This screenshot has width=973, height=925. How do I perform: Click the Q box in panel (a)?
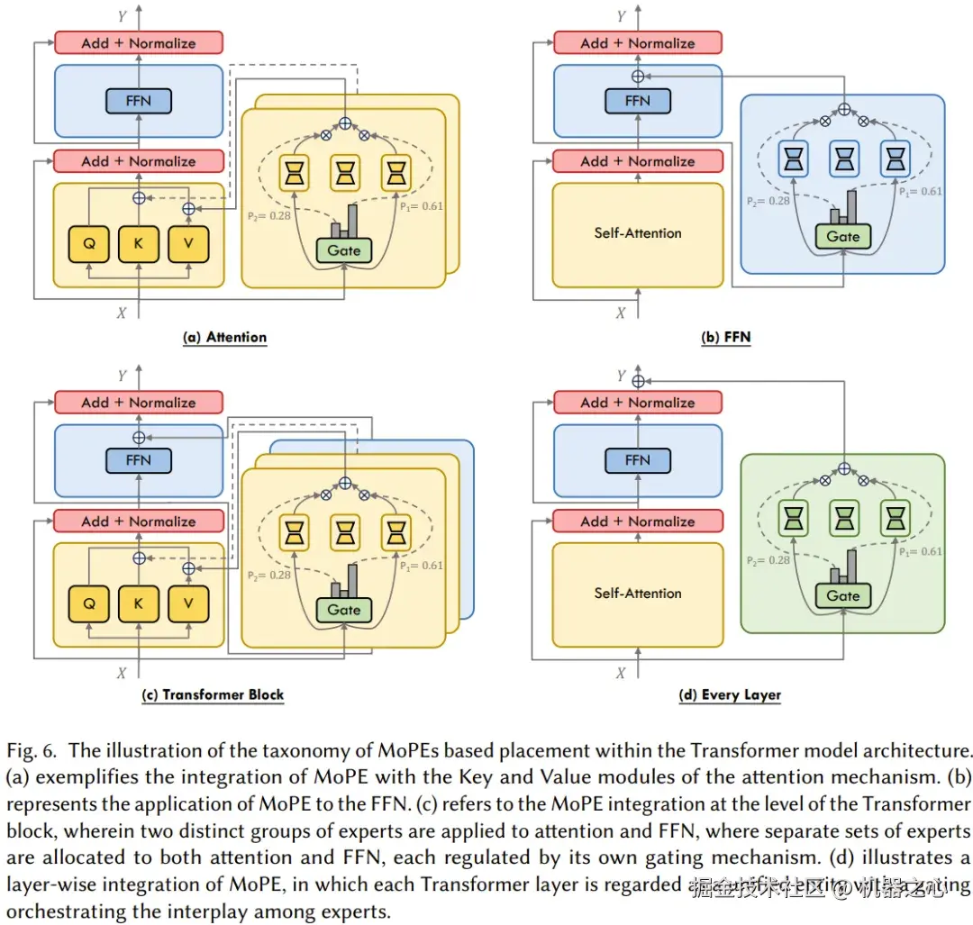coord(89,244)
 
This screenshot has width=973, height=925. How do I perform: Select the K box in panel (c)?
coord(139,604)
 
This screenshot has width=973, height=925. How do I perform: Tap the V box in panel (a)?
coord(187,244)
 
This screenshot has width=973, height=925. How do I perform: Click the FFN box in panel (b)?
coord(637,101)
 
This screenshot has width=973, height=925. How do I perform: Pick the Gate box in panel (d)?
coord(843,595)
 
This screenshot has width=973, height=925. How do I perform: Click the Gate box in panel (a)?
coord(344,249)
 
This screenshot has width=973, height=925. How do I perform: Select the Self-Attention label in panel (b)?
coord(638,233)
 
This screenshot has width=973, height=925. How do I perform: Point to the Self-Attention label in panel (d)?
coord(638,594)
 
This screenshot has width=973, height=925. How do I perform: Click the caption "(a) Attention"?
coord(225,338)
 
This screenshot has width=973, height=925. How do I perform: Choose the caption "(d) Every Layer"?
coord(730,695)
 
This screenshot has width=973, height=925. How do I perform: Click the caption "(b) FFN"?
coord(726,338)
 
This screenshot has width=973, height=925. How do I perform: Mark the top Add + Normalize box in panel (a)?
coord(138,42)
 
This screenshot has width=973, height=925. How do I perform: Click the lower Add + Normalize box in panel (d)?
coord(637,521)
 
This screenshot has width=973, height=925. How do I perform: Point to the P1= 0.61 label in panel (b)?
coord(919,192)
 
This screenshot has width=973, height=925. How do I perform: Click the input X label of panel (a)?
coord(122,313)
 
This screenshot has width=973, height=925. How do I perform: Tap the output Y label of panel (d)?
coord(621,376)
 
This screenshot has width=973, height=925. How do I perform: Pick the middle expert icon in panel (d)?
coord(843,517)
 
